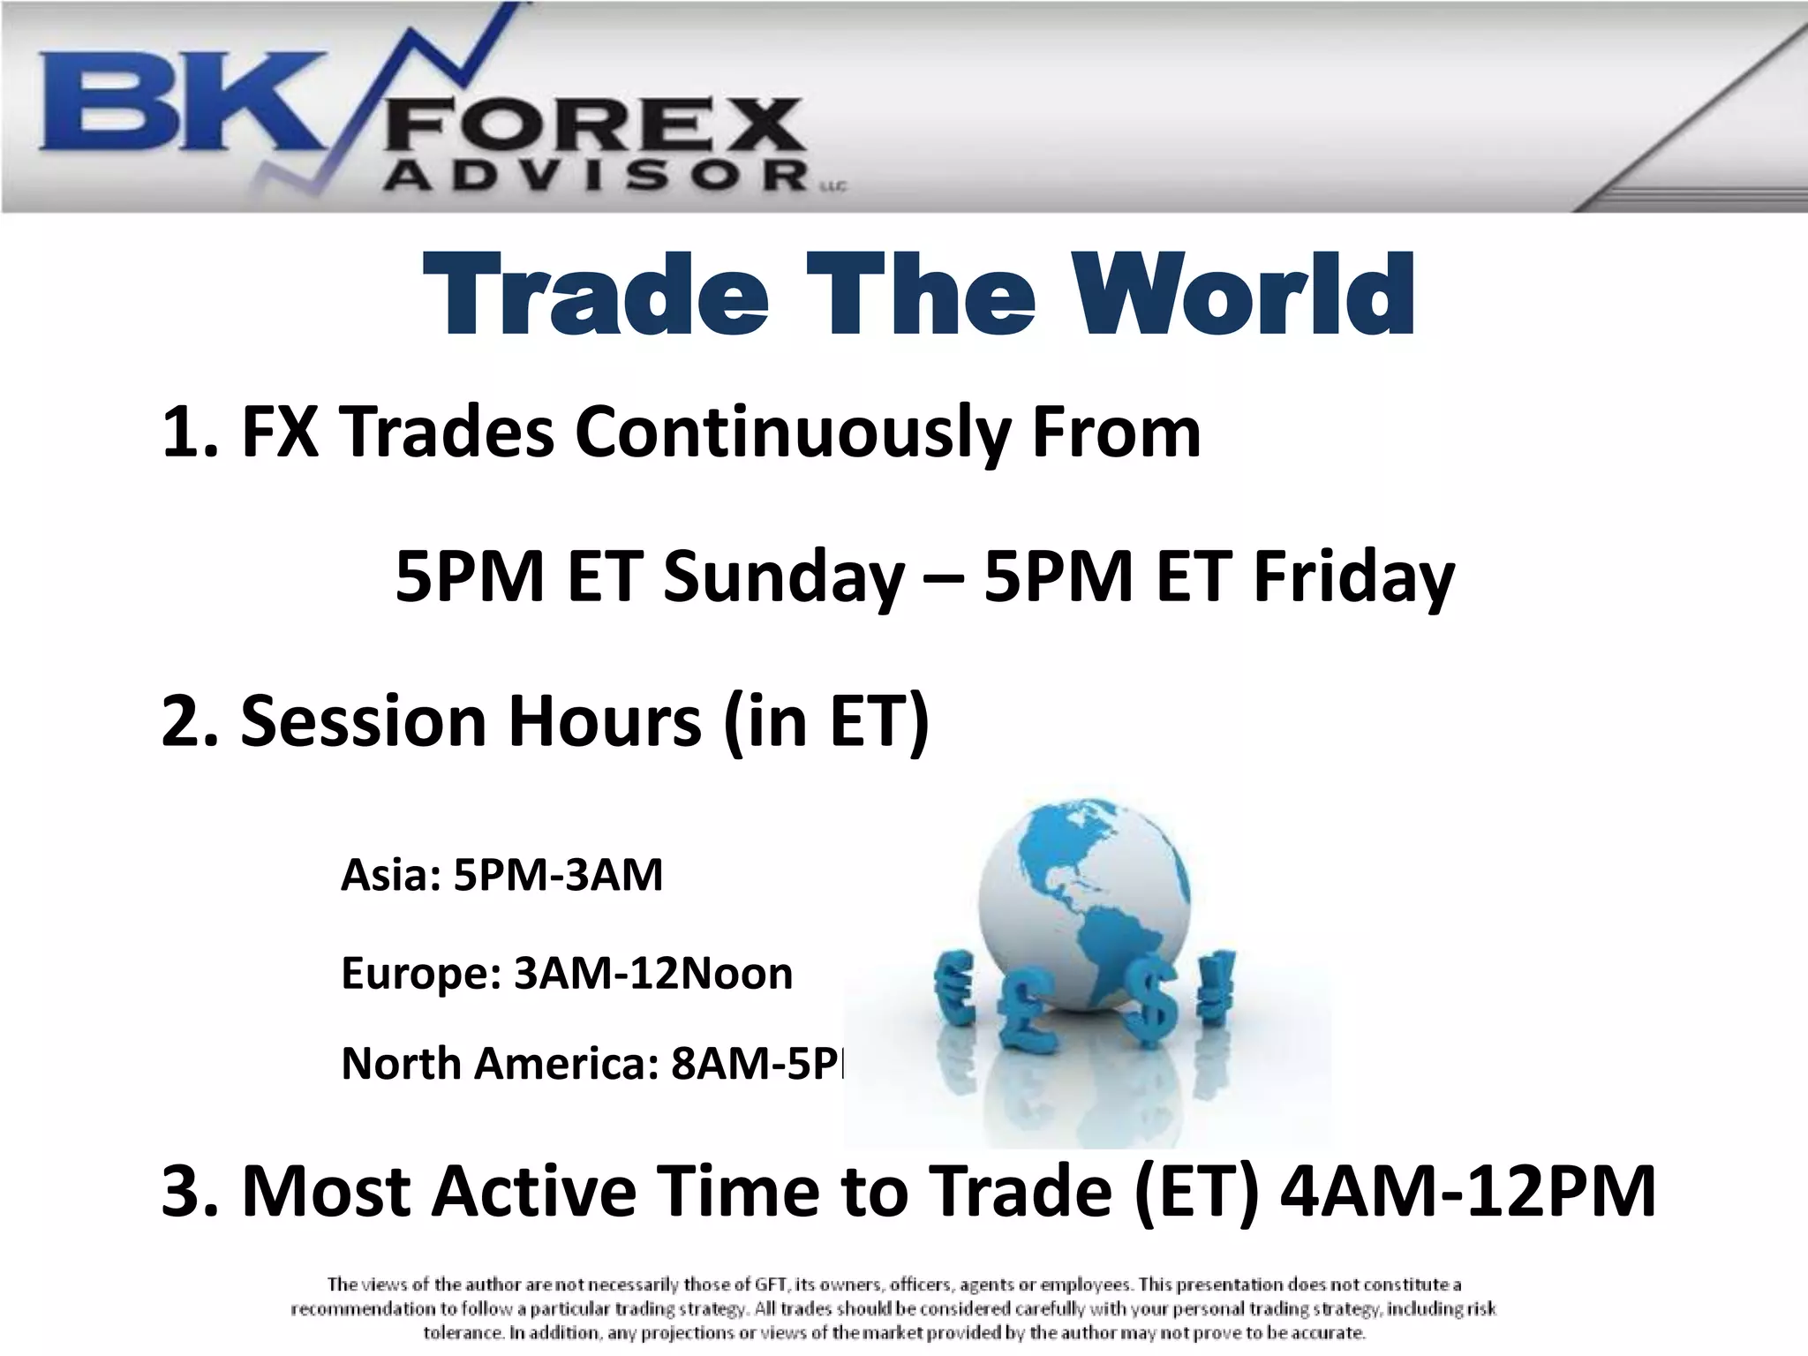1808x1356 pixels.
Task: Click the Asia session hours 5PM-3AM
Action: point(558,876)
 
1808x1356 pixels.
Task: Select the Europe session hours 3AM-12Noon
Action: point(653,974)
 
